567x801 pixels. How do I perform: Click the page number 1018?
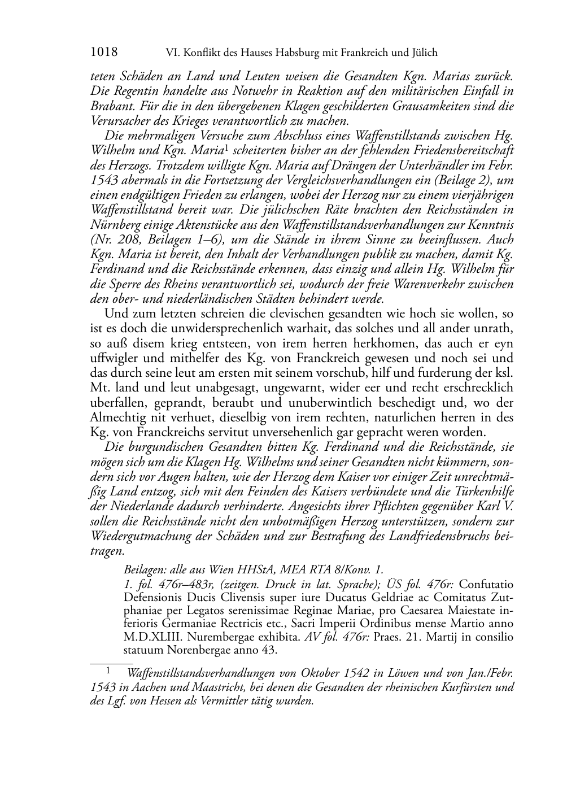104,53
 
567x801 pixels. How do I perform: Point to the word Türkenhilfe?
485,491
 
